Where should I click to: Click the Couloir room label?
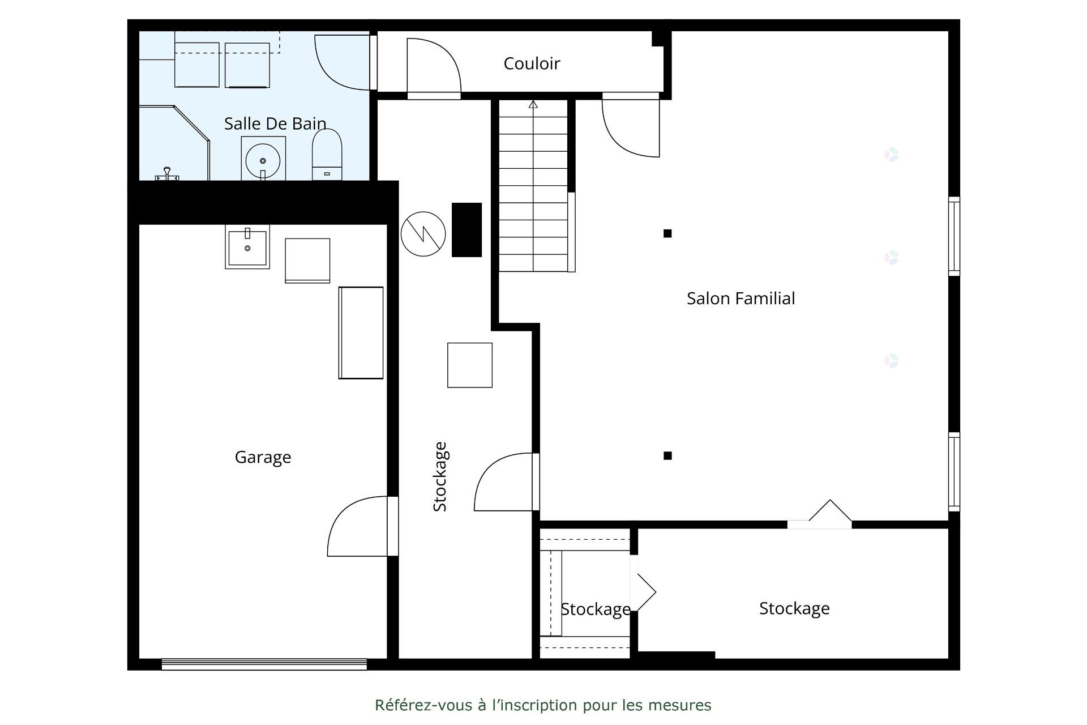click(x=532, y=63)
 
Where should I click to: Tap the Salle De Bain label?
click(x=275, y=123)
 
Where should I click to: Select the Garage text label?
click(x=263, y=457)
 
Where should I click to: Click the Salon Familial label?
click(x=741, y=298)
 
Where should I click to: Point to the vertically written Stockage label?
click(x=440, y=476)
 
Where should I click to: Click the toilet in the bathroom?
click(x=327, y=154)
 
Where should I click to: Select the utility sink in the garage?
click(x=247, y=247)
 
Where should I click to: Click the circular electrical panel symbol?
click(x=423, y=233)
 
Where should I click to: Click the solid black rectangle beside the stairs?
click(x=467, y=229)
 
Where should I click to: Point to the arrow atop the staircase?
click(x=533, y=105)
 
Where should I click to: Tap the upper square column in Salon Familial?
click(x=667, y=233)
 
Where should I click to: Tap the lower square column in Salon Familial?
click(x=667, y=455)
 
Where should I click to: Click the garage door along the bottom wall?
click(x=264, y=664)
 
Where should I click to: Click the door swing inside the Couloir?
click(x=434, y=67)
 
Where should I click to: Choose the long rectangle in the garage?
click(x=361, y=332)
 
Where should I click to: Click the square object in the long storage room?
click(x=469, y=365)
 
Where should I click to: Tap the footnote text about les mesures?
click(x=543, y=705)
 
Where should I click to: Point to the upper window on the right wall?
click(x=954, y=236)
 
